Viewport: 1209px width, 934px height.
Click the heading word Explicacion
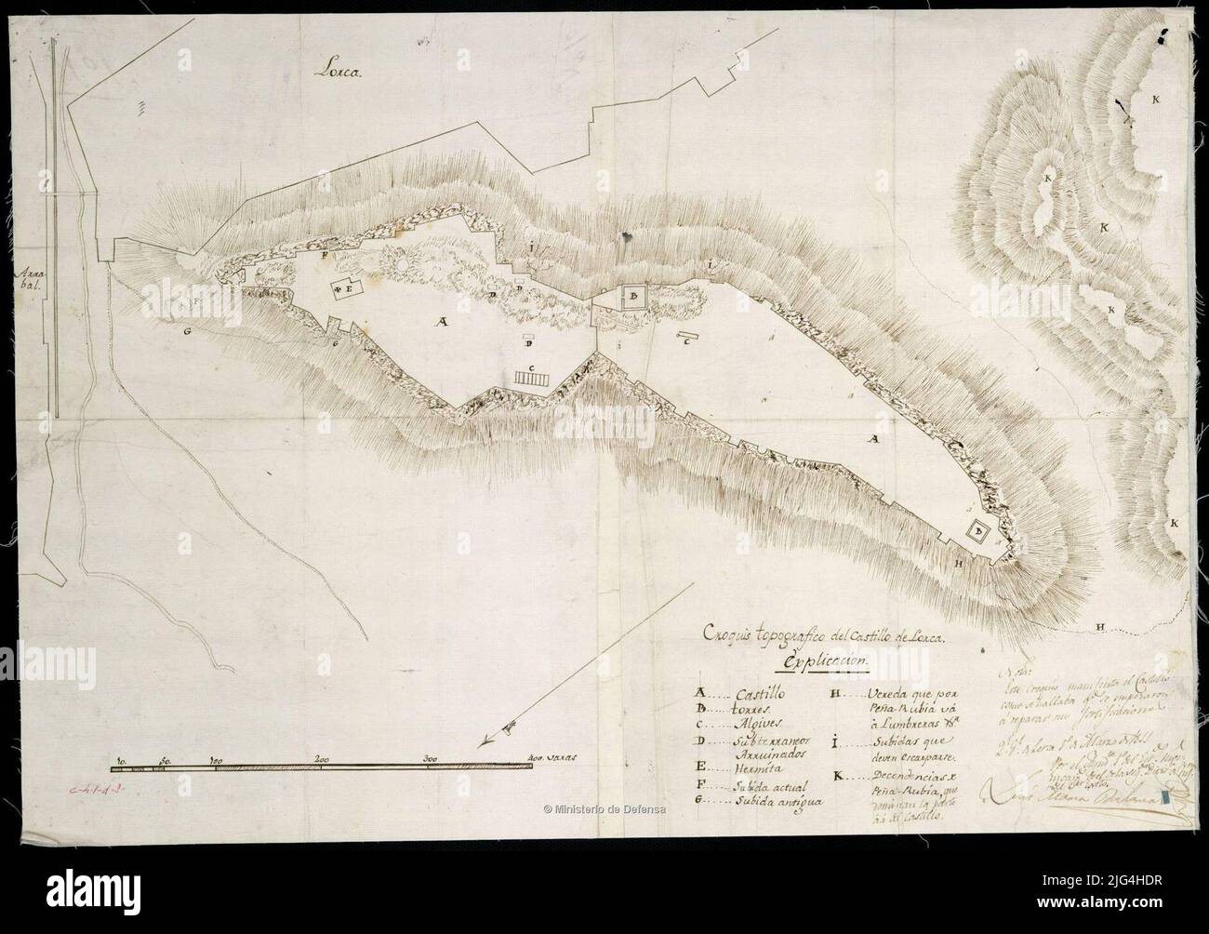pyautogui.click(x=826, y=660)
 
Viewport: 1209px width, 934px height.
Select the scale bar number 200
pyautogui.click(x=322, y=756)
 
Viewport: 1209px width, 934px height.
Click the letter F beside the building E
pyautogui.click(x=324, y=254)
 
